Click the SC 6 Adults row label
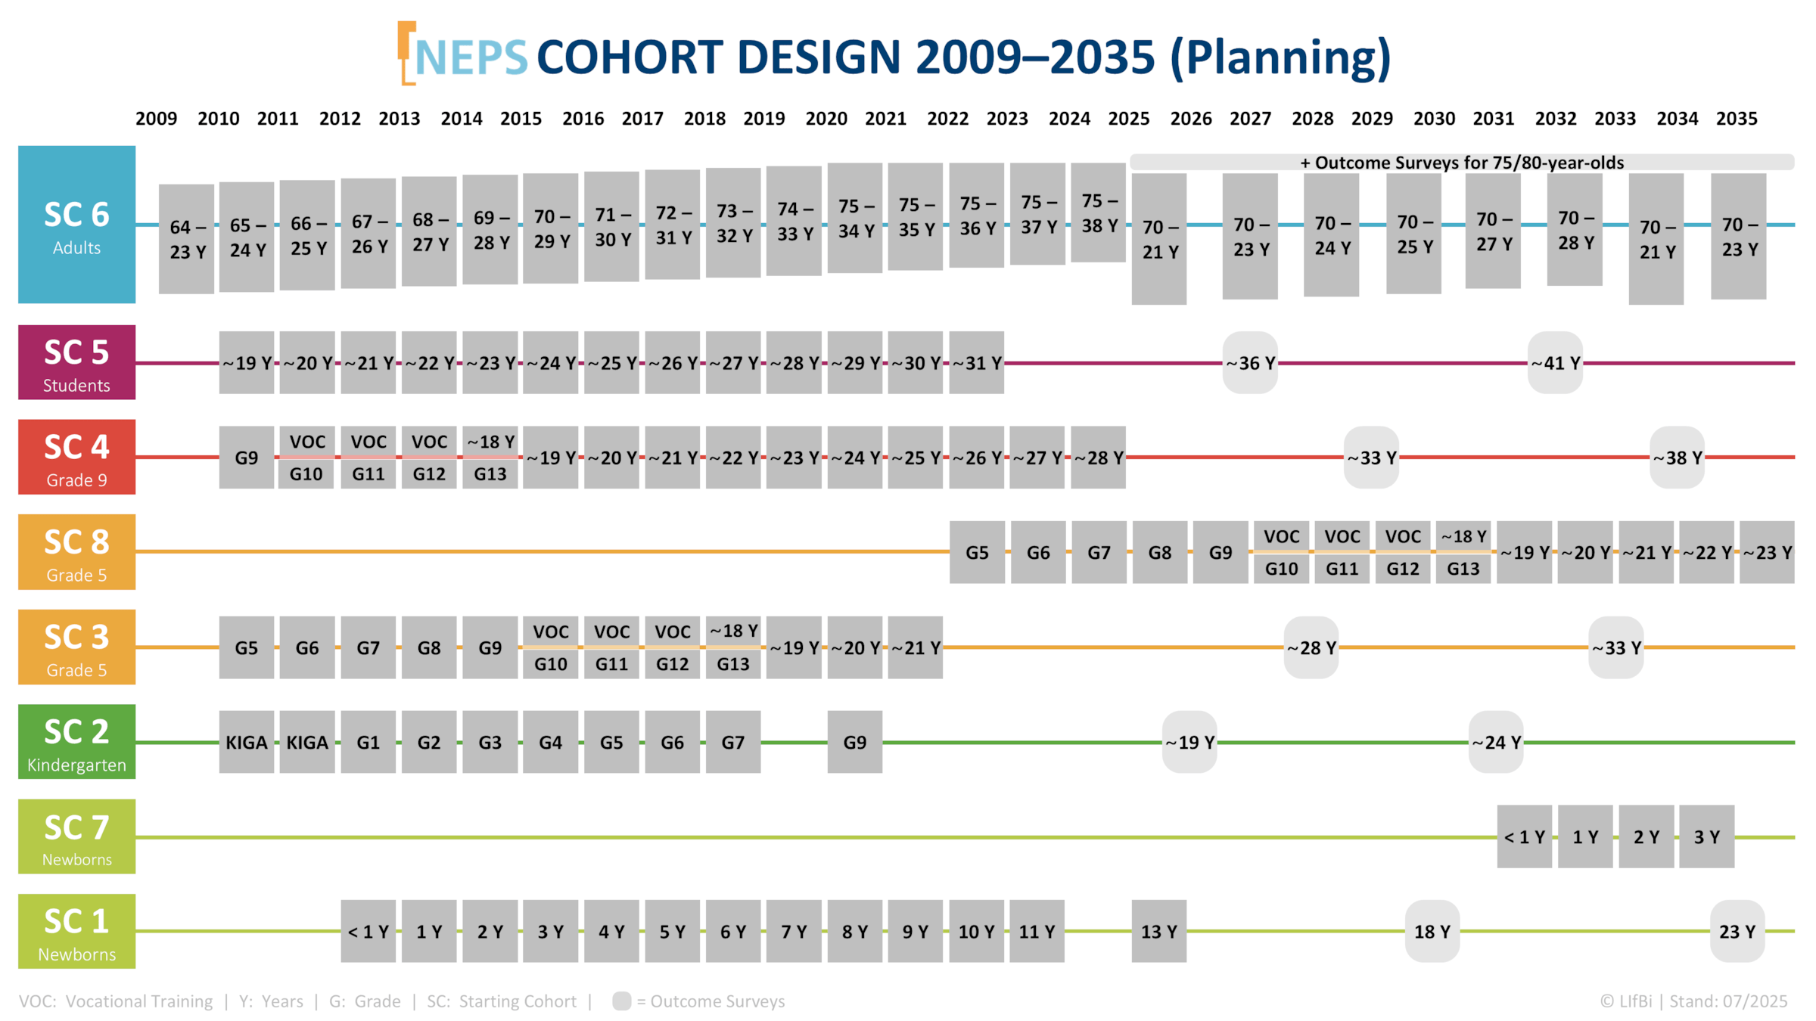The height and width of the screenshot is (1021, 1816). tap(76, 225)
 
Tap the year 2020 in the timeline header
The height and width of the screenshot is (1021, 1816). tap(826, 119)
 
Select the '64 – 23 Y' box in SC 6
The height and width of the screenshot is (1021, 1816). tap(186, 238)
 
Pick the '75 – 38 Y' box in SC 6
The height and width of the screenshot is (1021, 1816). tap(1099, 213)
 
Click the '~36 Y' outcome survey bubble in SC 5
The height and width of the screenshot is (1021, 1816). tap(1250, 363)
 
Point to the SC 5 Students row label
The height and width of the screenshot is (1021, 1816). tap(76, 362)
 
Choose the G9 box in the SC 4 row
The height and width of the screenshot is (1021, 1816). tap(246, 458)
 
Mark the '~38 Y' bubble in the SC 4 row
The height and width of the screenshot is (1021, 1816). tap(1677, 458)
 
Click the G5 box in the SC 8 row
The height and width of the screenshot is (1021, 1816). tap(977, 552)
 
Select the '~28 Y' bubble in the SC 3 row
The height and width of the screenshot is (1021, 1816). tap(1311, 647)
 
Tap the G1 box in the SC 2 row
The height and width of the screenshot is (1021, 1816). tap(368, 742)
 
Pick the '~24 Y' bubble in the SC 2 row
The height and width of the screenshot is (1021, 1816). tap(1496, 742)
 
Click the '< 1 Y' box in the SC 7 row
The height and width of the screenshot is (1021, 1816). tap(1524, 836)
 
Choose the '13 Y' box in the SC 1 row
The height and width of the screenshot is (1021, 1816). tap(1158, 931)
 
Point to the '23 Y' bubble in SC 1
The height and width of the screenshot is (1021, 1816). tap(1737, 931)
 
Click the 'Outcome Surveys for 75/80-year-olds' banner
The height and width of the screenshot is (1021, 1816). tap(1461, 163)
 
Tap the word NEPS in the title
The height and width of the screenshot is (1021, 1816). tap(471, 57)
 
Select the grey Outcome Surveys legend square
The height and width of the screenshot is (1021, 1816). tap(621, 1001)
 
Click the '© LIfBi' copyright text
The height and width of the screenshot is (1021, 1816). tap(1626, 1001)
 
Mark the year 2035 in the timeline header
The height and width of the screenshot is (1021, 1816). tap(1737, 119)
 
